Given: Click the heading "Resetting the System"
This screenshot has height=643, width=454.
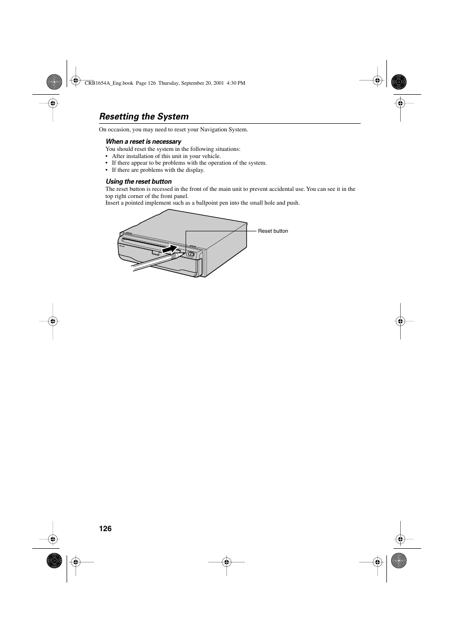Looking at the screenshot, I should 144,117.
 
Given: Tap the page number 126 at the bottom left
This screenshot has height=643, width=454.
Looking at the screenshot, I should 105,529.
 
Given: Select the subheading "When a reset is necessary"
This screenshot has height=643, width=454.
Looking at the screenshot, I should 143,141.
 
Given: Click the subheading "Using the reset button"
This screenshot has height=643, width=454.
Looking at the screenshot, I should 138,181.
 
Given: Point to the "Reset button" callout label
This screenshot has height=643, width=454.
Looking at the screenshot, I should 273,231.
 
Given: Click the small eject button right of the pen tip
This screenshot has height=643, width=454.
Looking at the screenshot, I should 190,254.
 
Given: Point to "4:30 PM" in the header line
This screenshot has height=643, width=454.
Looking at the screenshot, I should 236,83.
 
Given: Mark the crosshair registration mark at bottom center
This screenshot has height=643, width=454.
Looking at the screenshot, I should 227,562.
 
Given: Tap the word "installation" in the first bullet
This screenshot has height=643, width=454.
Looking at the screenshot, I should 140,156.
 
